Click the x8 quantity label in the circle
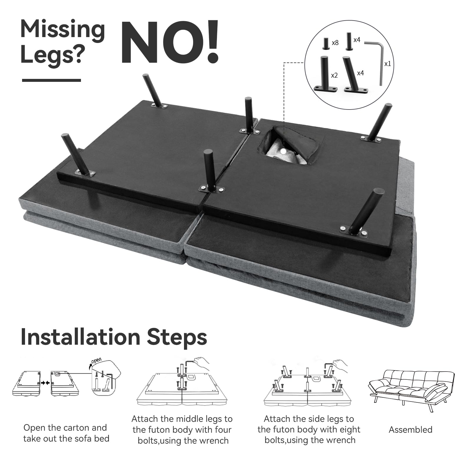point(335,43)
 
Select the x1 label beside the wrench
point(388,64)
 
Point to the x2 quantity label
point(334,75)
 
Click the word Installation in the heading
point(80,337)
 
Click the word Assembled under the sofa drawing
point(410,430)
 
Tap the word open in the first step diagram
point(96,361)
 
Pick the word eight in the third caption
point(350,430)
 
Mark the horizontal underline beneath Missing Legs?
point(52,80)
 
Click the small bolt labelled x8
point(326,43)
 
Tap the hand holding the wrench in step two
point(201,364)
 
